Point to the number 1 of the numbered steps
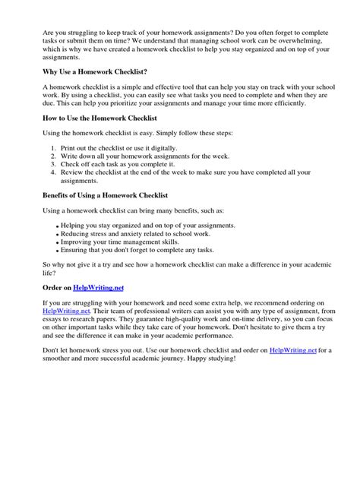[x=53, y=147]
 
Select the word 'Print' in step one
[x=69, y=147]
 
